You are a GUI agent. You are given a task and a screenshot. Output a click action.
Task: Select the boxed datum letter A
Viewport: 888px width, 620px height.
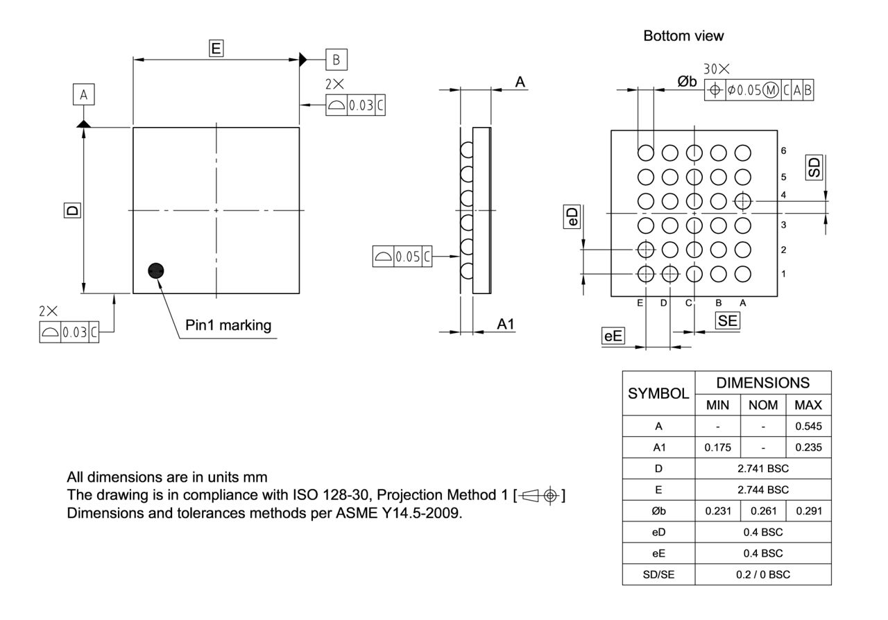click(x=83, y=95)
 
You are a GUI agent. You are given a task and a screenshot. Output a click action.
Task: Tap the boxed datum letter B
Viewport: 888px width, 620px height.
click(x=336, y=60)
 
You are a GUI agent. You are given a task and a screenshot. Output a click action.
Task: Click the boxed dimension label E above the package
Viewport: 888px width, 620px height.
click(x=216, y=48)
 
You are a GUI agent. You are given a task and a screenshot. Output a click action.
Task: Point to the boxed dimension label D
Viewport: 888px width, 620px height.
click(x=71, y=210)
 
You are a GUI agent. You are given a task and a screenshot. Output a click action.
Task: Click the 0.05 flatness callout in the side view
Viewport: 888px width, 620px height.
click(x=407, y=257)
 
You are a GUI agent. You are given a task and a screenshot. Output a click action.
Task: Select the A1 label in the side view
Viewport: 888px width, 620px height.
click(x=504, y=324)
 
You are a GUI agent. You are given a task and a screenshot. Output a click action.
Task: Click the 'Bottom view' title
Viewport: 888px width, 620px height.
click(x=683, y=36)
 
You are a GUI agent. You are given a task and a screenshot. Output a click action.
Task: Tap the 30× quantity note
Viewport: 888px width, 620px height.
click(x=717, y=70)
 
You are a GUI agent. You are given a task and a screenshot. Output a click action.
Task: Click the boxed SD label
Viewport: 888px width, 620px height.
click(x=814, y=168)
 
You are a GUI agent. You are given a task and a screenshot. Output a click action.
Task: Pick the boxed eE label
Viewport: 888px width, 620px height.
click(x=613, y=337)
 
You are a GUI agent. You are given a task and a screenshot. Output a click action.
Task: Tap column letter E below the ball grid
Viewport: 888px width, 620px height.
click(x=640, y=302)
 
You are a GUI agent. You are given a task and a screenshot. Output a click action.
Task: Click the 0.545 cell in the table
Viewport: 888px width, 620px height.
click(x=808, y=426)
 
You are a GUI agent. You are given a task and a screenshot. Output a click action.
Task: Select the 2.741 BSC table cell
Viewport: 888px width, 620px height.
click(x=764, y=468)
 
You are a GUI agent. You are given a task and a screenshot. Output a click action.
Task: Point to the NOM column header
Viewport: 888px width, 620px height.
click(x=762, y=404)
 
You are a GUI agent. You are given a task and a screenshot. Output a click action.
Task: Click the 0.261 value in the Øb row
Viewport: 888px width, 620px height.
click(x=762, y=510)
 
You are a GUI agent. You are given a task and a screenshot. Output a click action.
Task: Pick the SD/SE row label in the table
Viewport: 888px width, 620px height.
click(x=658, y=574)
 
